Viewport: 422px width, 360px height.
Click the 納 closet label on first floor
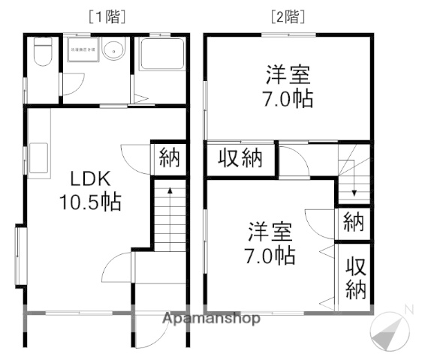tap(168, 159)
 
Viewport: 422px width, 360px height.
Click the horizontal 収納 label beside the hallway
tap(241, 159)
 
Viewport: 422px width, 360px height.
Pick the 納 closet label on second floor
tap(353, 222)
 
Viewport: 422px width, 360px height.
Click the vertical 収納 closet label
tap(355, 279)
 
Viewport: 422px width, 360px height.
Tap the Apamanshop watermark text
tap(212, 319)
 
